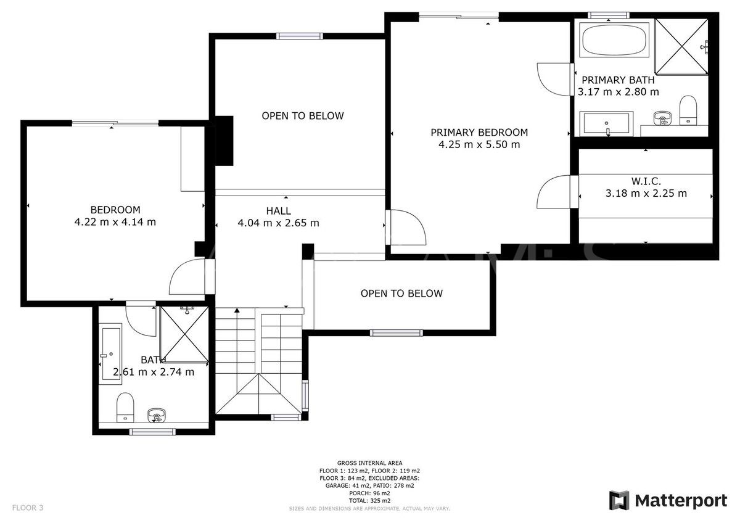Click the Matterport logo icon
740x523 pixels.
click(x=619, y=500)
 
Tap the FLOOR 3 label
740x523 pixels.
click(x=28, y=508)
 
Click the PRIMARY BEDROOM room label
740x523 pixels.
click(x=479, y=132)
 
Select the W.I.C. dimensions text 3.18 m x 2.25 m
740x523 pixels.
click(x=646, y=193)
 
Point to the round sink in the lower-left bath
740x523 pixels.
click(x=157, y=415)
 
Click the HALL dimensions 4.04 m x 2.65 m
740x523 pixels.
click(x=278, y=223)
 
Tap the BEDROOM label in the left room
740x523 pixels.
click(x=115, y=210)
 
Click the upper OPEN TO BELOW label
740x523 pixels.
click(x=302, y=116)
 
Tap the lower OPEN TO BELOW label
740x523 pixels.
click(x=401, y=294)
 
